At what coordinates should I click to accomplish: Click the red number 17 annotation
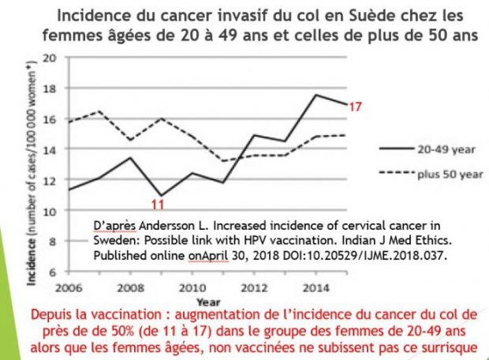point(355,106)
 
